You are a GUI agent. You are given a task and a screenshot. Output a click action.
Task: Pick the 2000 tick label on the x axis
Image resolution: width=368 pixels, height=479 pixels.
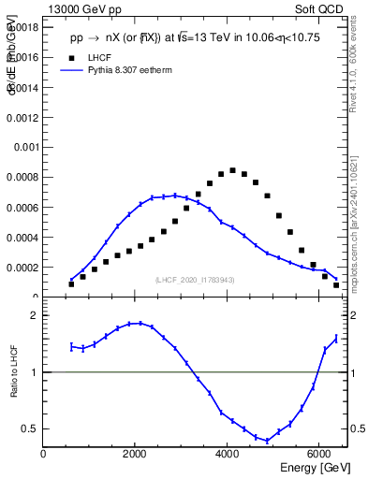[135, 454]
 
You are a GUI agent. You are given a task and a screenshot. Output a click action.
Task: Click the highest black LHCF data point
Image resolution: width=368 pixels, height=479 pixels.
[232, 170]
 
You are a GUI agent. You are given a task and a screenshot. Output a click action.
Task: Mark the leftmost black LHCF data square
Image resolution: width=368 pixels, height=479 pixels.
[71, 283]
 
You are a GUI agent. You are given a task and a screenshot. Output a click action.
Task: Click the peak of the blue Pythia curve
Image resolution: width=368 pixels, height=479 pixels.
[174, 196]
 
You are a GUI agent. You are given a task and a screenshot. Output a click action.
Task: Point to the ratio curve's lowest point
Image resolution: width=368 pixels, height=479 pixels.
[267, 441]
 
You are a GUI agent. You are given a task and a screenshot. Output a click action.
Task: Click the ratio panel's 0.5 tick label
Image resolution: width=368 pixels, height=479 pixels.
[30, 428]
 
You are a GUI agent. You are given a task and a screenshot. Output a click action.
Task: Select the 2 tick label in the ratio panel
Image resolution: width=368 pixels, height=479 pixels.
[34, 315]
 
